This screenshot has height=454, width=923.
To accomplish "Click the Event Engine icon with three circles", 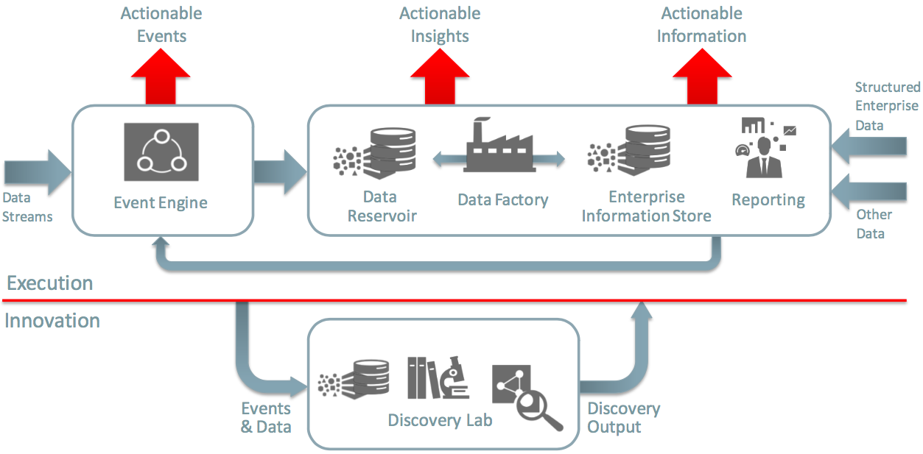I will (x=161, y=151).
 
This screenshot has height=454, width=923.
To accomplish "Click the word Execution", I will (x=49, y=283).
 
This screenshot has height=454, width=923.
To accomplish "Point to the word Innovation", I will (x=52, y=321).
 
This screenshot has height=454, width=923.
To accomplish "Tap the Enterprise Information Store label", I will (x=646, y=206).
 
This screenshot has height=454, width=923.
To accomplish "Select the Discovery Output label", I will (x=623, y=417).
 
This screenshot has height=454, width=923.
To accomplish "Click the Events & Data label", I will (x=266, y=417).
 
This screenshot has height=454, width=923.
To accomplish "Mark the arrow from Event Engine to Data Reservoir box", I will (x=279, y=171).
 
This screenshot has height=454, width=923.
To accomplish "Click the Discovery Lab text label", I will (x=440, y=420).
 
